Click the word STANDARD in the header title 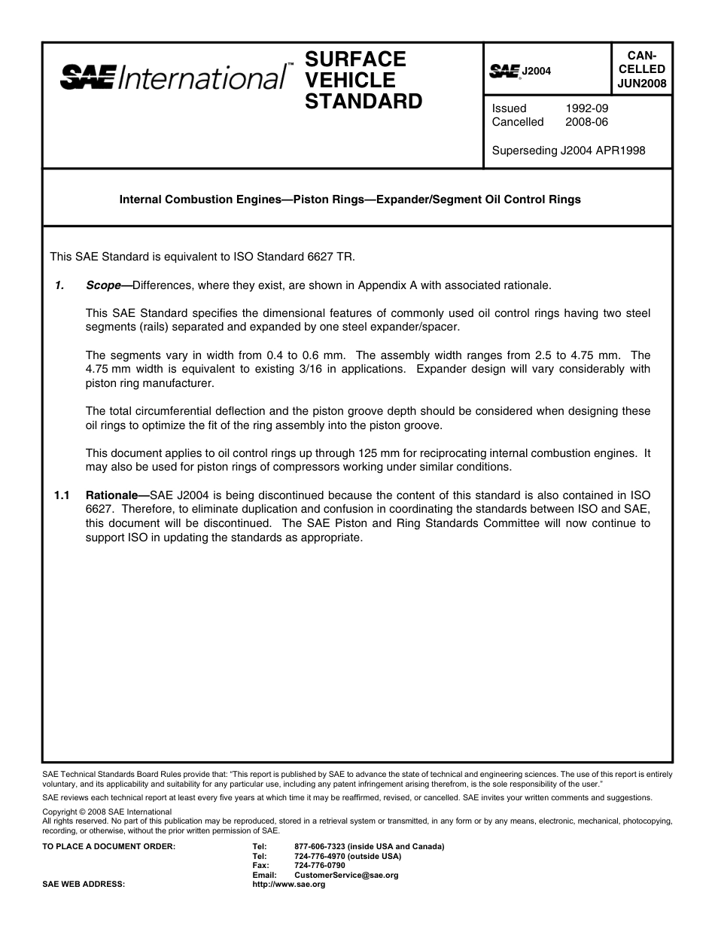coord(363,102)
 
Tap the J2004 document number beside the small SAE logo coord(537,71)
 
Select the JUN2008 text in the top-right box coord(642,84)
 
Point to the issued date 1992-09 coord(586,108)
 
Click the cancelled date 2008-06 coord(586,122)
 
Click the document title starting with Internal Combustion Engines coord(350,200)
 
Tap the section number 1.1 coord(62,496)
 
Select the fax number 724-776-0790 coord(321,866)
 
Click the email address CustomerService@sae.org coord(346,876)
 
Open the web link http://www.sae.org coord(289,885)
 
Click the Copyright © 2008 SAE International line coord(107,812)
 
